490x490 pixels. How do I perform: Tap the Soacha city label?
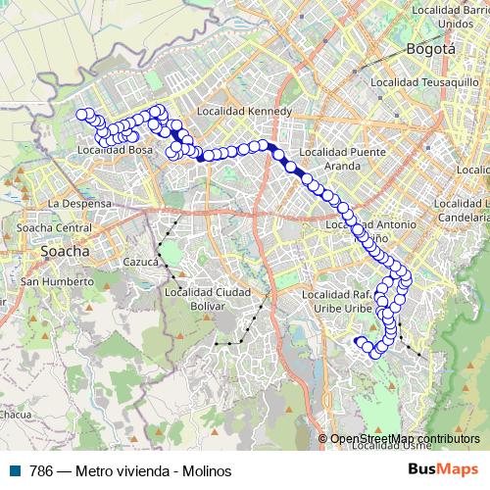[65, 251]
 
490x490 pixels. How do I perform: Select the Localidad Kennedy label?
[245, 112]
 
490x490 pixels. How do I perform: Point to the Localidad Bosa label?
[115, 150]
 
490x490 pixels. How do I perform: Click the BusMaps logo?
[443, 470]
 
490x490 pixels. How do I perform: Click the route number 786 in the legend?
[41, 470]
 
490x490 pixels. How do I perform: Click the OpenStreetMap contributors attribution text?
[405, 439]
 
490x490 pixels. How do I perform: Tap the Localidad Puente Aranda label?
[335, 160]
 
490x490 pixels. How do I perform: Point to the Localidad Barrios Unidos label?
[450, 16]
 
